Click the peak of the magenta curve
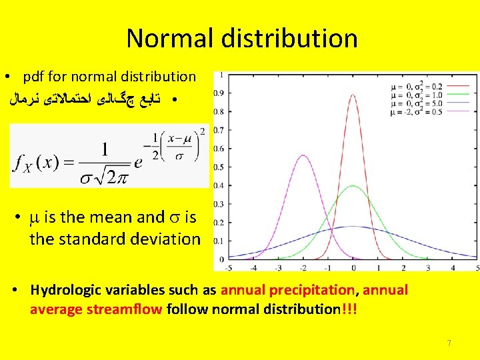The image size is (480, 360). coord(303,155)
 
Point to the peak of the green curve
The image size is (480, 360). coord(353,186)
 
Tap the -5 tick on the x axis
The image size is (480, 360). coord(229,267)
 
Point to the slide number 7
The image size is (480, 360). coord(449,343)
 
